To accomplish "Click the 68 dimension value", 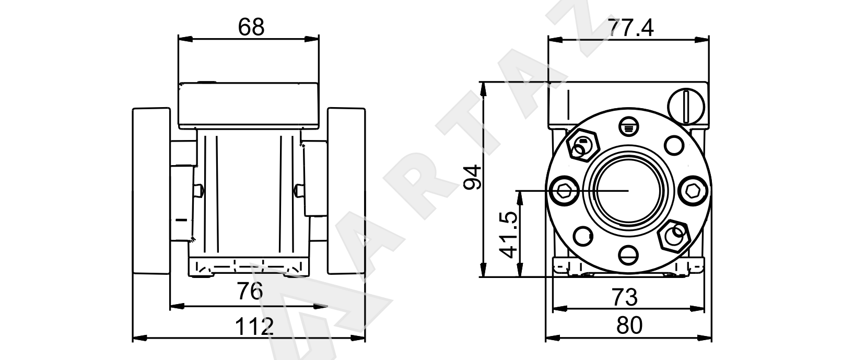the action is coord(251,27).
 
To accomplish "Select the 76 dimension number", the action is coord(250,291).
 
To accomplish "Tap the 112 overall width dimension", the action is coord(254,327).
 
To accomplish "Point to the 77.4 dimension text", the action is coord(630,28).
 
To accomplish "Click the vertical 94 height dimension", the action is coord(472,177).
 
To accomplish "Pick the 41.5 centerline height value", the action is coord(509,235).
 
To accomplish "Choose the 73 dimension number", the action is coord(625,297).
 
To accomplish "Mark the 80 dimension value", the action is coord(629,326).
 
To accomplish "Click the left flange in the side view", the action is coord(151,191).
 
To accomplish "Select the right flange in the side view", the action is coord(346,191).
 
